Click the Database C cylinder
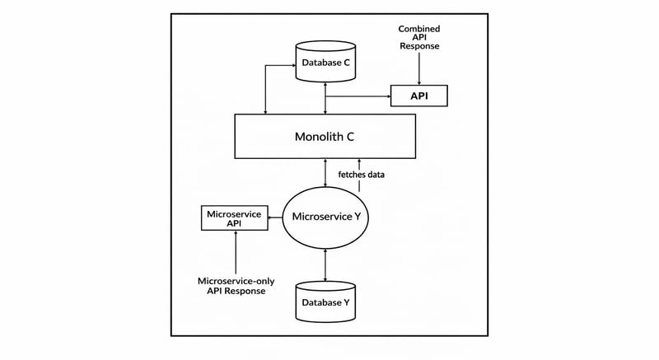(327, 61)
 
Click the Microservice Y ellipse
(327, 217)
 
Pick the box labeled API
(419, 96)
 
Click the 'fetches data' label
(361, 175)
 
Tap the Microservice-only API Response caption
(236, 286)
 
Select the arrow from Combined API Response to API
(419, 70)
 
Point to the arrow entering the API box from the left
(362, 96)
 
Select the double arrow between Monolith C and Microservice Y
(327, 174)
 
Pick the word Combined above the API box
(419, 29)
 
